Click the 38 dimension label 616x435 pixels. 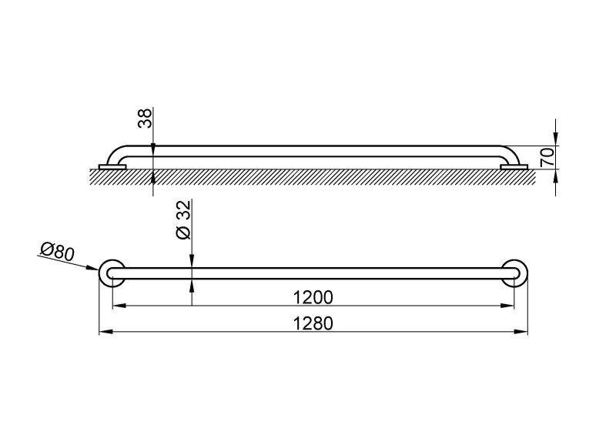145,119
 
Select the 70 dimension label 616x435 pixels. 547,157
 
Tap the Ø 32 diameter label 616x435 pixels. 183,219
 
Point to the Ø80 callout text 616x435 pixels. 57,252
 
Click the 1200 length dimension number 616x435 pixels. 313,297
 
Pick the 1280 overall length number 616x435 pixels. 313,323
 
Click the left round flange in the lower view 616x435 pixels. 112,273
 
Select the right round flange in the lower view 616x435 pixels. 514,273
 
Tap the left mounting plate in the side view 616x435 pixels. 112,167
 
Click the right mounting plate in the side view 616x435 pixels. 514,167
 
